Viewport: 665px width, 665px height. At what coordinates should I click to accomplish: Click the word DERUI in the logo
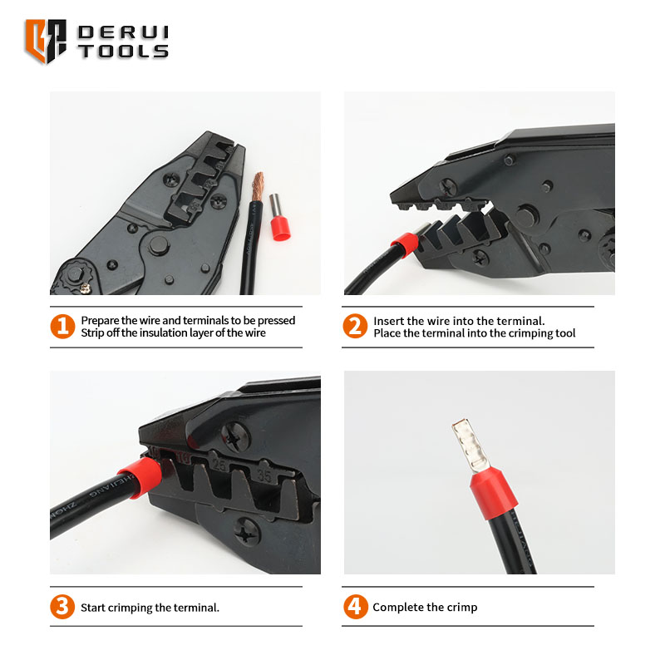(123, 32)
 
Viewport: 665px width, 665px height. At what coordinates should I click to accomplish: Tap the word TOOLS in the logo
(123, 52)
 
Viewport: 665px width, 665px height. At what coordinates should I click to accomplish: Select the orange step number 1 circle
(62, 327)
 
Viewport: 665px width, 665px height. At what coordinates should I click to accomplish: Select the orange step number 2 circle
(355, 326)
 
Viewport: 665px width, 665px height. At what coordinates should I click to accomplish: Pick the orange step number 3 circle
(62, 607)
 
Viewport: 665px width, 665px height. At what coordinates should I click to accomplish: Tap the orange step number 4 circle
(356, 607)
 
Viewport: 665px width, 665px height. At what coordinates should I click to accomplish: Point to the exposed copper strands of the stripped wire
(258, 186)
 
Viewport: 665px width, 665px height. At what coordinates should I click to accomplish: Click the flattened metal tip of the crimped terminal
(469, 446)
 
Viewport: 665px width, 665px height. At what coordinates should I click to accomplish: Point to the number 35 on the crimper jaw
(264, 475)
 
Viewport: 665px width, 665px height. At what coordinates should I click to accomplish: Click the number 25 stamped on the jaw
(219, 465)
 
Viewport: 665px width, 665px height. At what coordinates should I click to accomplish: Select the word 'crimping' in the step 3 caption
(131, 608)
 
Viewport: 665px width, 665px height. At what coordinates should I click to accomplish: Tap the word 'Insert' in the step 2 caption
(387, 321)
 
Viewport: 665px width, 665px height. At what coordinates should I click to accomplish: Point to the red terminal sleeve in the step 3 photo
(140, 476)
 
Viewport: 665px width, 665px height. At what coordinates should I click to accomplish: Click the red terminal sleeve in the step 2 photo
(405, 245)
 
